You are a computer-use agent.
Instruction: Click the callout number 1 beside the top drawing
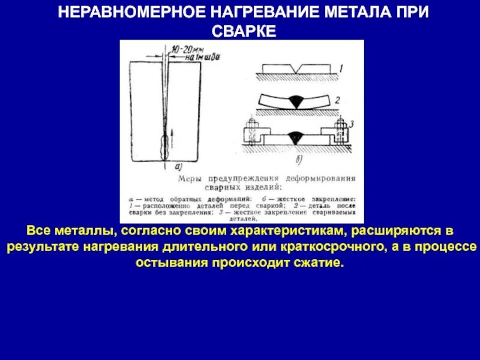340,70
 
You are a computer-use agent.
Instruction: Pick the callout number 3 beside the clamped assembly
352,124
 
